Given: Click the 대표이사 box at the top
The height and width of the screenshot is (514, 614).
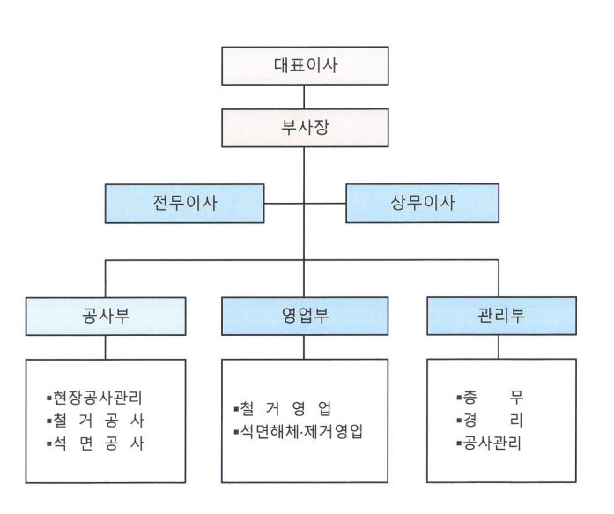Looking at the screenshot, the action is pyautogui.click(x=305, y=66).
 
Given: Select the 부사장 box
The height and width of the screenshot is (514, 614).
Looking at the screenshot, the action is pyautogui.click(x=305, y=128).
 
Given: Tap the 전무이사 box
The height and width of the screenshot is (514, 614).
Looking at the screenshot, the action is pyautogui.click(x=184, y=204).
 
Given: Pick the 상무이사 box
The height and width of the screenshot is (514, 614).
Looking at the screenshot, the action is pyautogui.click(x=423, y=204).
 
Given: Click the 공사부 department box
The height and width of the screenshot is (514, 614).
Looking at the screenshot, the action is pyautogui.click(x=106, y=317).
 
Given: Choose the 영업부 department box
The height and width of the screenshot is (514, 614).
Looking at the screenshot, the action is pyautogui.click(x=305, y=316).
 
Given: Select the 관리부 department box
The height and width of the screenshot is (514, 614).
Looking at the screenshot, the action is pyautogui.click(x=501, y=316).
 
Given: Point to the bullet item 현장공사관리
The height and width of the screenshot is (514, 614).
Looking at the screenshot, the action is pyautogui.click(x=94, y=398).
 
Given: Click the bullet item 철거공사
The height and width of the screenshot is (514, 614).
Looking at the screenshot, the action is pyautogui.click(x=95, y=421).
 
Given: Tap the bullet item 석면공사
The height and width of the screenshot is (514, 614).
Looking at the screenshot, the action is pyautogui.click(x=95, y=443).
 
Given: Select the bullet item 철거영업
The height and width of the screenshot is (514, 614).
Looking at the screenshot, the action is pyautogui.click(x=283, y=409).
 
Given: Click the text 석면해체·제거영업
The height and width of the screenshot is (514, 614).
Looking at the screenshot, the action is pyautogui.click(x=301, y=432).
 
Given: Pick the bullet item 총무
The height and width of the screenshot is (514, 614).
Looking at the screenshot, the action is pyautogui.click(x=490, y=398).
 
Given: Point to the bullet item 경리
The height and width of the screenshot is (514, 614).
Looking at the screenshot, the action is pyautogui.click(x=490, y=421).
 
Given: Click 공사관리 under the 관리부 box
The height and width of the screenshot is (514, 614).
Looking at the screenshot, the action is pyautogui.click(x=492, y=443).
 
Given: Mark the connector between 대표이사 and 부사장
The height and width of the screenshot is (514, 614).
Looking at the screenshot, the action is pyautogui.click(x=304, y=97).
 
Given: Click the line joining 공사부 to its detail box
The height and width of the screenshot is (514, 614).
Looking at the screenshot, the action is pyautogui.click(x=106, y=347).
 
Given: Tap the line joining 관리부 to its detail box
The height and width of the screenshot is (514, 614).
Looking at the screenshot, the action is pyautogui.click(x=499, y=347).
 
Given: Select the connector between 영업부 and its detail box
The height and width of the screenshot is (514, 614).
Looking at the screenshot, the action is pyautogui.click(x=304, y=347).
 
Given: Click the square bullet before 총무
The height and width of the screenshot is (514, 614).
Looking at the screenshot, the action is pyautogui.click(x=459, y=399).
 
